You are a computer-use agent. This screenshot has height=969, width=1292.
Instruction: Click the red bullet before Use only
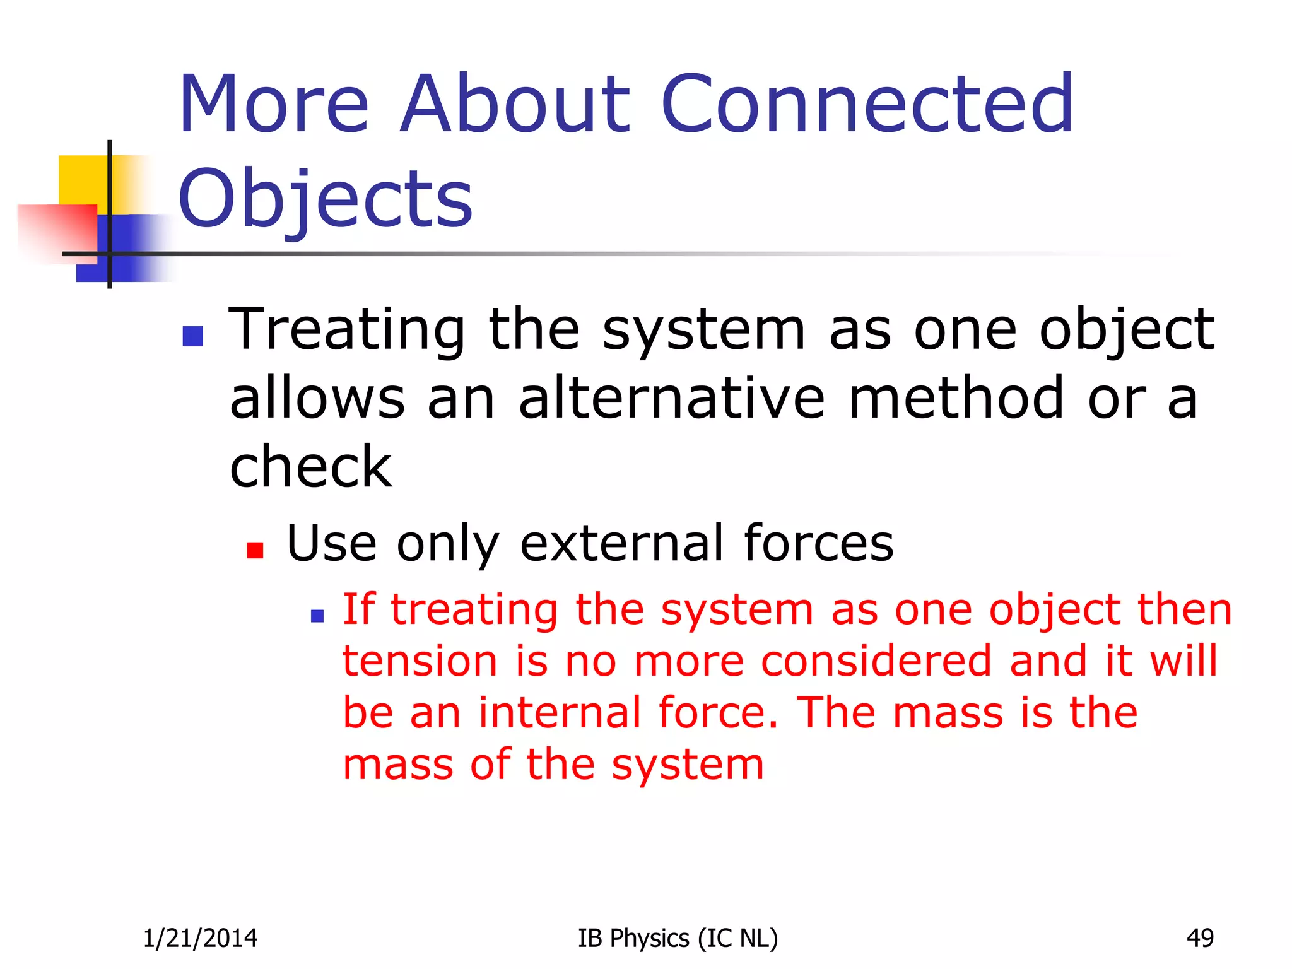[x=255, y=550]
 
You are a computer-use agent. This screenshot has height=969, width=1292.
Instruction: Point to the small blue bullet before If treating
[x=317, y=616]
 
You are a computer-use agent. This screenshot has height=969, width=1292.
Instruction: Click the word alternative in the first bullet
[x=671, y=399]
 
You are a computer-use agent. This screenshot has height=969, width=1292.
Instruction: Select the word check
[x=310, y=467]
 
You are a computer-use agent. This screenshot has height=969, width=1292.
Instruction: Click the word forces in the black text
[x=818, y=543]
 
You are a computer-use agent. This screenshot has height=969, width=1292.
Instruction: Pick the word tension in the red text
[x=420, y=662]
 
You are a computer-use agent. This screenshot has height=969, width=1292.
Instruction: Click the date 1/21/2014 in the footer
[x=200, y=939]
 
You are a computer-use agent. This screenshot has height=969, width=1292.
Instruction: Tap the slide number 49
[x=1199, y=939]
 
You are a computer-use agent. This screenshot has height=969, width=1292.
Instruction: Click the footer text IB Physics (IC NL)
[x=678, y=939]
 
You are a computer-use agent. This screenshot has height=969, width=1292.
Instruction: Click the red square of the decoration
[x=57, y=230]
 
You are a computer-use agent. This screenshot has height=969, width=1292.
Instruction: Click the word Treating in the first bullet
[x=347, y=331]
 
